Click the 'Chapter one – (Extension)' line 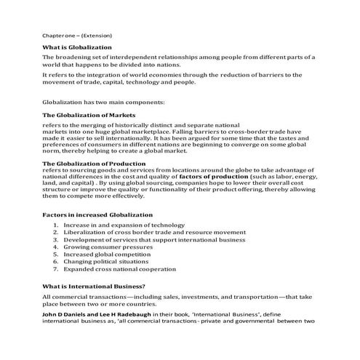tap(77, 34)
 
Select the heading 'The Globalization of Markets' tap(89, 115)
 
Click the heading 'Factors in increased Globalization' tap(97, 215)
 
